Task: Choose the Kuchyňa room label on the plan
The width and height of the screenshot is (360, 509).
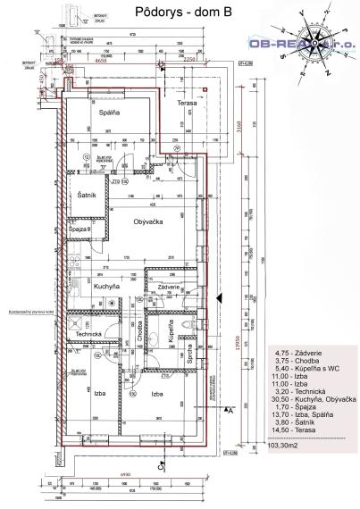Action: coord(107,287)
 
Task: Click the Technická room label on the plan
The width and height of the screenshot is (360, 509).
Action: coord(88,334)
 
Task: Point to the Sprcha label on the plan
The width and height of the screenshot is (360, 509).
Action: coord(190,347)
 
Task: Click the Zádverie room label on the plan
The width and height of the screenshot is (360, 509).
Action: coord(170,286)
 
